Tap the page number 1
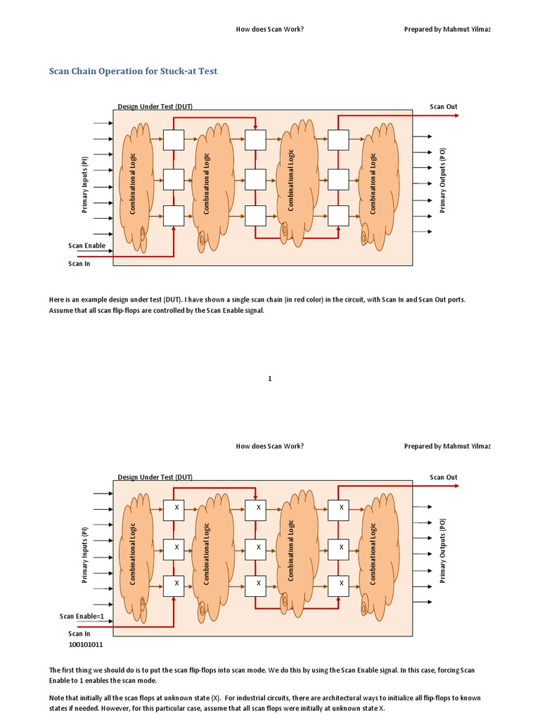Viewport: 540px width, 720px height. click(270, 379)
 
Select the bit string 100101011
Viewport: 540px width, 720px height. click(85, 644)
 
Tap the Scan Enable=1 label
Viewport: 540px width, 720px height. click(82, 616)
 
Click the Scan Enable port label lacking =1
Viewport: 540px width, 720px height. click(86, 245)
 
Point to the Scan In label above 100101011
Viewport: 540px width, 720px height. click(79, 634)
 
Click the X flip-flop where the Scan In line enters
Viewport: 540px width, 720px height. click(174, 584)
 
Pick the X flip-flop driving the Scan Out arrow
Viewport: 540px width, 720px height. click(338, 508)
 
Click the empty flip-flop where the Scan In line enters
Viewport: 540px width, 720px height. click(174, 215)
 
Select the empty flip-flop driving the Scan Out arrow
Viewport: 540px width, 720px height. click(338, 140)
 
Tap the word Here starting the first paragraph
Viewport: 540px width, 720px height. click(56, 300)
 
